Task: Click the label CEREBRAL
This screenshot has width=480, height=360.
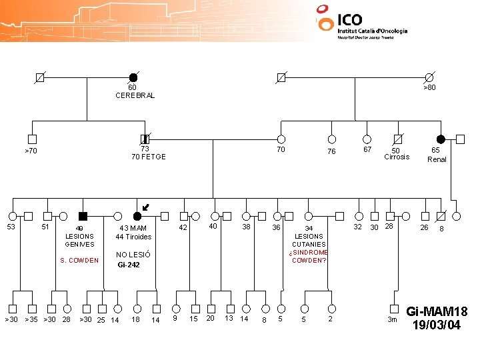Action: click(x=135, y=95)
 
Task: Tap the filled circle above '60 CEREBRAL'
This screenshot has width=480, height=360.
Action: click(x=133, y=78)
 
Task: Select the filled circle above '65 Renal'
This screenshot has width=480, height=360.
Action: click(x=441, y=139)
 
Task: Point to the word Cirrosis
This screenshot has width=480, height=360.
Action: click(x=397, y=157)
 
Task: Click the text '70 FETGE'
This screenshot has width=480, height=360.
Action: click(x=148, y=157)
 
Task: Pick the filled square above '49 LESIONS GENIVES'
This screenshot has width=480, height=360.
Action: click(x=83, y=216)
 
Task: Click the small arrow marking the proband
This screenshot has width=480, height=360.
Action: click(x=146, y=209)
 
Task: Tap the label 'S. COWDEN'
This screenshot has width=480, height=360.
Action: click(x=79, y=261)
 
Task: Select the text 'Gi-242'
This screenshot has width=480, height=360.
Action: click(x=129, y=265)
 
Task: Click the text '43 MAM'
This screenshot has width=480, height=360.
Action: click(x=133, y=229)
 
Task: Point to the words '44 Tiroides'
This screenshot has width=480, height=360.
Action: click(x=133, y=237)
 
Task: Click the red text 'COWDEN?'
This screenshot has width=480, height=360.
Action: click(x=309, y=260)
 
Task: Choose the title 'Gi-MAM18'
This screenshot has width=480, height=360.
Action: click(x=437, y=312)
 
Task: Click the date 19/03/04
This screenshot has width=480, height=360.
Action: click(x=437, y=325)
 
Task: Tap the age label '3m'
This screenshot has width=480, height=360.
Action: click(x=393, y=321)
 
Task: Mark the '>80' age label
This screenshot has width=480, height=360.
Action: click(x=429, y=87)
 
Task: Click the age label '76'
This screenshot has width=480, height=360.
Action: click(x=331, y=152)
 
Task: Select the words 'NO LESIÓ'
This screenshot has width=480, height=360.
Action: click(x=133, y=255)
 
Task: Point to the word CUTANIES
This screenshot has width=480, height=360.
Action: click(x=309, y=244)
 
